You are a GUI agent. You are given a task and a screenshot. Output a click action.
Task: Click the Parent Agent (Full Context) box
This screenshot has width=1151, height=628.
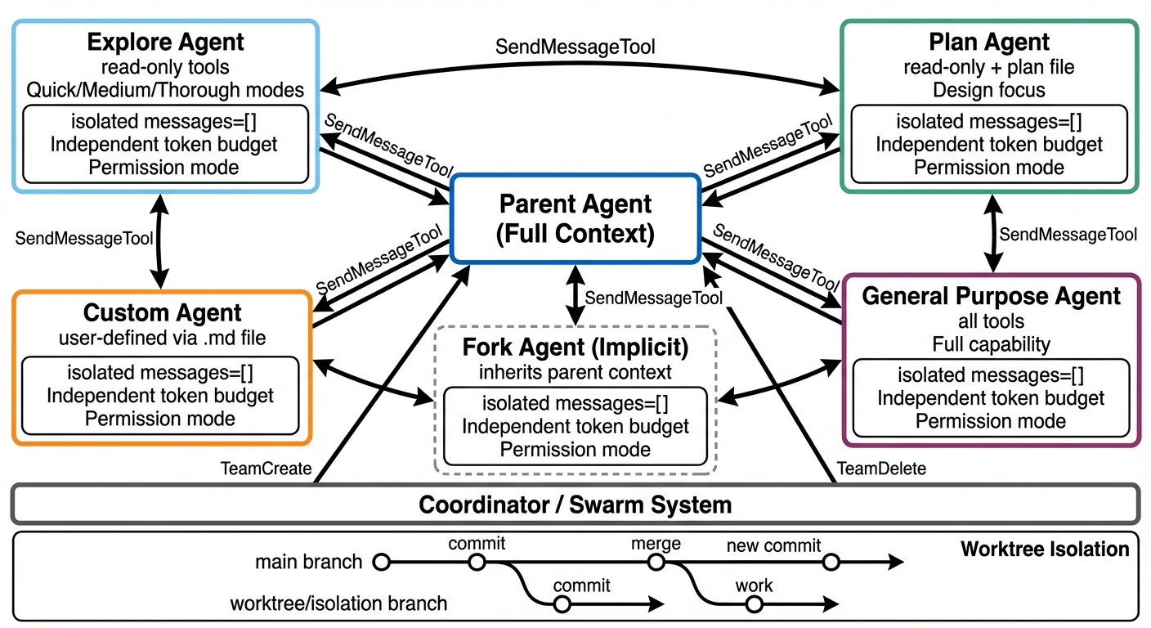[x=575, y=218]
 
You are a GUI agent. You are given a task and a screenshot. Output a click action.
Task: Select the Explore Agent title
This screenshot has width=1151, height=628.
[x=165, y=42]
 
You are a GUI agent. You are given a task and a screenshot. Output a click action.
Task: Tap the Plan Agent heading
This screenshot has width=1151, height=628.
[x=989, y=42]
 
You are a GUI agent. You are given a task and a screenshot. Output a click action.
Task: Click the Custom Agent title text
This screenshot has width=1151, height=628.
[x=163, y=313]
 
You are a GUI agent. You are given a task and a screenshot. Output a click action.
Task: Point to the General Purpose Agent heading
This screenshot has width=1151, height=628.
[x=991, y=296]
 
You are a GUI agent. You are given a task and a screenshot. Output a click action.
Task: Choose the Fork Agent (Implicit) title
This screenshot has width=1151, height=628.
[x=575, y=347]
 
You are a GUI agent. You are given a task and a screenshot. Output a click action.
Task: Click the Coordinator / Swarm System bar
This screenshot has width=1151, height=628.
[x=575, y=504]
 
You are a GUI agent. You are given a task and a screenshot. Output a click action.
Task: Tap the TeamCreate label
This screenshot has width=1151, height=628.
[x=266, y=469]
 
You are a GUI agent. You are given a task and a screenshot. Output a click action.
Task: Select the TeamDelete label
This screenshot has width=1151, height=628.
[x=881, y=469]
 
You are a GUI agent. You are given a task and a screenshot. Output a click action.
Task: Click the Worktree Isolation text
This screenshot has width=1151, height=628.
[x=1044, y=549]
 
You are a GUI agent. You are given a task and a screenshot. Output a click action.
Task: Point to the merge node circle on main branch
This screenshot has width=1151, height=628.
[x=656, y=562]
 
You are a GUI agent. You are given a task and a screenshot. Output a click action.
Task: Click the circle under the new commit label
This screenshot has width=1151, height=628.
[x=831, y=562]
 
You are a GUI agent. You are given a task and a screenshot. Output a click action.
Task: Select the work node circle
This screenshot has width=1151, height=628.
[x=754, y=604]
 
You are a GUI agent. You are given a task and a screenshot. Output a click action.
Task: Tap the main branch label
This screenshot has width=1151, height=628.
[x=308, y=562]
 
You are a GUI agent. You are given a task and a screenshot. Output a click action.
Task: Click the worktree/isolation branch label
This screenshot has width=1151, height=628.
[x=338, y=604]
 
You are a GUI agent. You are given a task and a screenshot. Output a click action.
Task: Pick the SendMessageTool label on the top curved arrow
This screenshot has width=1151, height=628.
[x=575, y=47]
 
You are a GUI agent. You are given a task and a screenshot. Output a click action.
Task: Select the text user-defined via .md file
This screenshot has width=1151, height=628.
[x=163, y=337]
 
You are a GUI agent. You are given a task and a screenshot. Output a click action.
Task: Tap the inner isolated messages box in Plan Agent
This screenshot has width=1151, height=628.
[x=989, y=144]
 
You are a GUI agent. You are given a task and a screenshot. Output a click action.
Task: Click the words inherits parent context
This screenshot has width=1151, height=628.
[x=575, y=372]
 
